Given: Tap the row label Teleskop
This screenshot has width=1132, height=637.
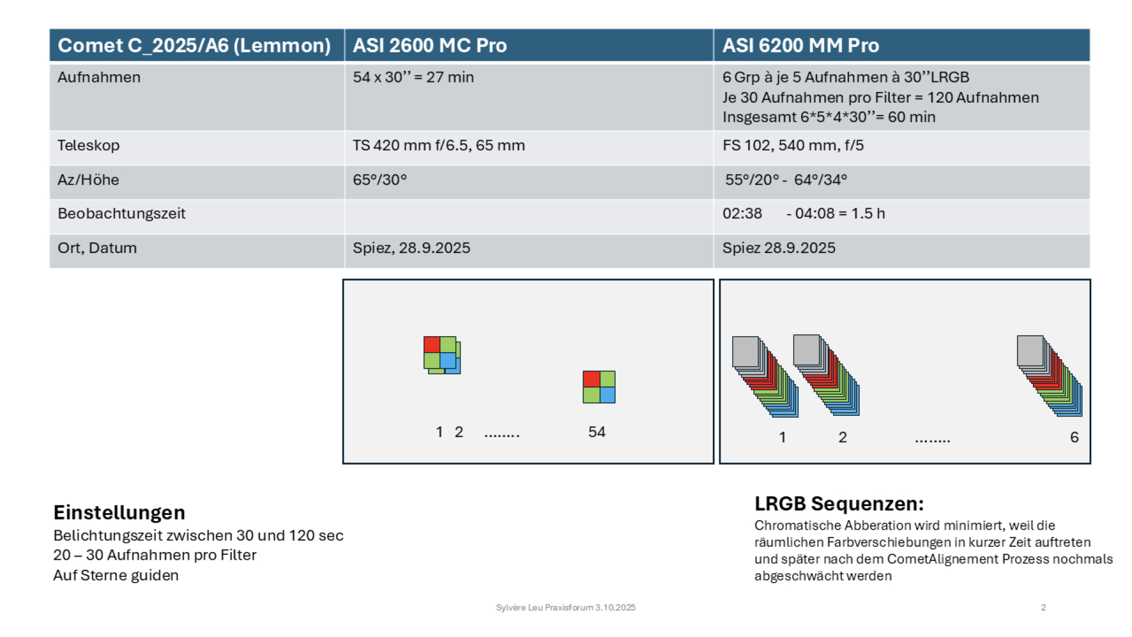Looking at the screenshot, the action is (x=88, y=145).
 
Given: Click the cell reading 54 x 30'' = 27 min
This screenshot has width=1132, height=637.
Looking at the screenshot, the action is (x=413, y=77).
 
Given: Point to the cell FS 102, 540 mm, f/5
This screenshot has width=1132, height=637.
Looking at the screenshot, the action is (x=793, y=145).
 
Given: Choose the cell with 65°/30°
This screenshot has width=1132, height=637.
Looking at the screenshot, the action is (x=380, y=179).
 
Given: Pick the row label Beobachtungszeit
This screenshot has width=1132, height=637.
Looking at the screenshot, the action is (x=121, y=214).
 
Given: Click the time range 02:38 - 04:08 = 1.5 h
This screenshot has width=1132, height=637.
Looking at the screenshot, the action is (x=804, y=214).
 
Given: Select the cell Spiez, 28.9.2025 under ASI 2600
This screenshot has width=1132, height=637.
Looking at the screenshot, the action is (x=412, y=248).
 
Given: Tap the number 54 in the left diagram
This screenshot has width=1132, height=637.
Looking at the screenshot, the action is (x=597, y=432).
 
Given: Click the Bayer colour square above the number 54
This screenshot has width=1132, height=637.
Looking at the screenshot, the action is (x=599, y=387).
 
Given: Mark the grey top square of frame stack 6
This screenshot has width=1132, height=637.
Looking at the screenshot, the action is (x=1031, y=350).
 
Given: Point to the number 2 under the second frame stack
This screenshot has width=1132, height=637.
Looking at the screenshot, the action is (x=843, y=437).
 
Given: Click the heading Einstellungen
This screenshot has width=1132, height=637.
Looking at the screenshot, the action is (x=119, y=512).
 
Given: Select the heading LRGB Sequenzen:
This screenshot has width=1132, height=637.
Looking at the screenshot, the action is (x=839, y=504).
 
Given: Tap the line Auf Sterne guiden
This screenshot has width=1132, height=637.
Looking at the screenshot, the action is (x=116, y=575).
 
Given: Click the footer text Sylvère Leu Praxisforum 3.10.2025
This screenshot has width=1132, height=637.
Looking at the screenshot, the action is (x=566, y=608).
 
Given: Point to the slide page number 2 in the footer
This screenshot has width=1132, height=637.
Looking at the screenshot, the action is (x=1043, y=608).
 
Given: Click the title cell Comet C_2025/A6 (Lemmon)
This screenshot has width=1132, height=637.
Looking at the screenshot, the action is (x=194, y=45).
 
